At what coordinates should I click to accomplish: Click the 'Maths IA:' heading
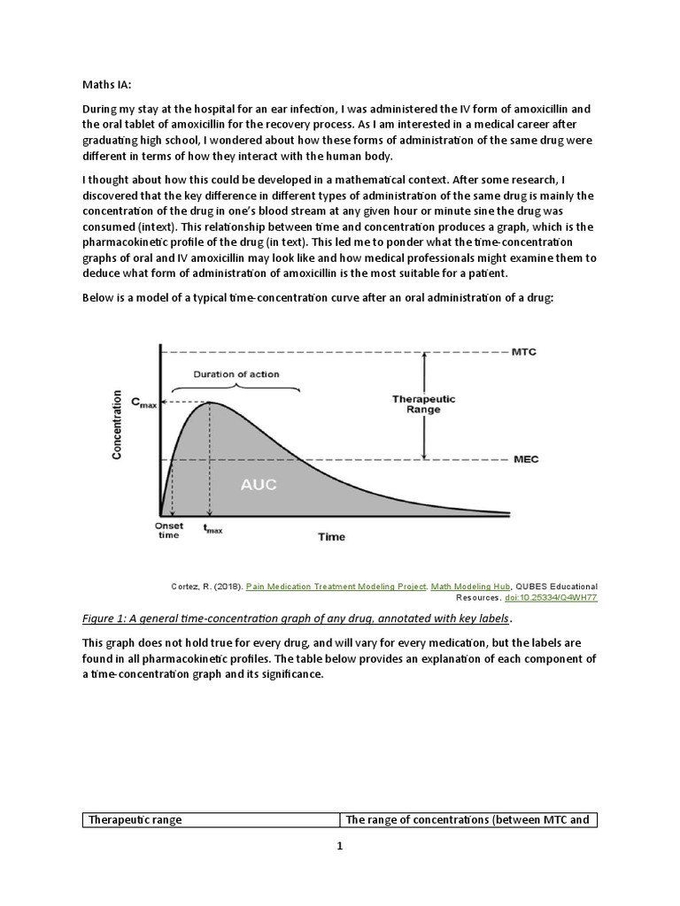click(x=106, y=85)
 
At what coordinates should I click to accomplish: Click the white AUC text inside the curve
click(x=259, y=485)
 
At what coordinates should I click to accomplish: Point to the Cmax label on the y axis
click(x=144, y=403)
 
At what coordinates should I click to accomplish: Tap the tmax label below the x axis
click(x=212, y=529)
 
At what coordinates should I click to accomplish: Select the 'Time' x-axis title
click(x=332, y=536)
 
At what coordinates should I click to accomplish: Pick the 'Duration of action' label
click(x=236, y=374)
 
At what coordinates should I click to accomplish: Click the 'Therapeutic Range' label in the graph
click(x=423, y=404)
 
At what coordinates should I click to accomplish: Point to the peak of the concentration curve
click(x=210, y=403)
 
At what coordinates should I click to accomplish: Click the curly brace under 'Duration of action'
click(x=236, y=389)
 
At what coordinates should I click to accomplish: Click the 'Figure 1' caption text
click(x=297, y=618)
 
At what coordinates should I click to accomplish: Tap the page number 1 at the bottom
click(x=339, y=846)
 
